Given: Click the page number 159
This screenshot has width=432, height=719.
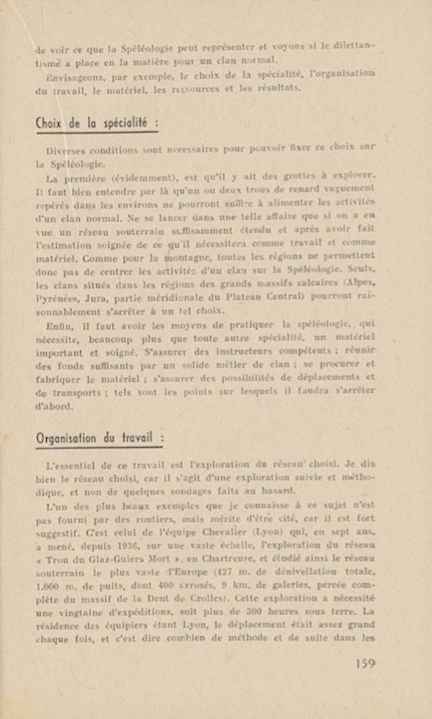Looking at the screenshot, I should pyautogui.click(x=365, y=664).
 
